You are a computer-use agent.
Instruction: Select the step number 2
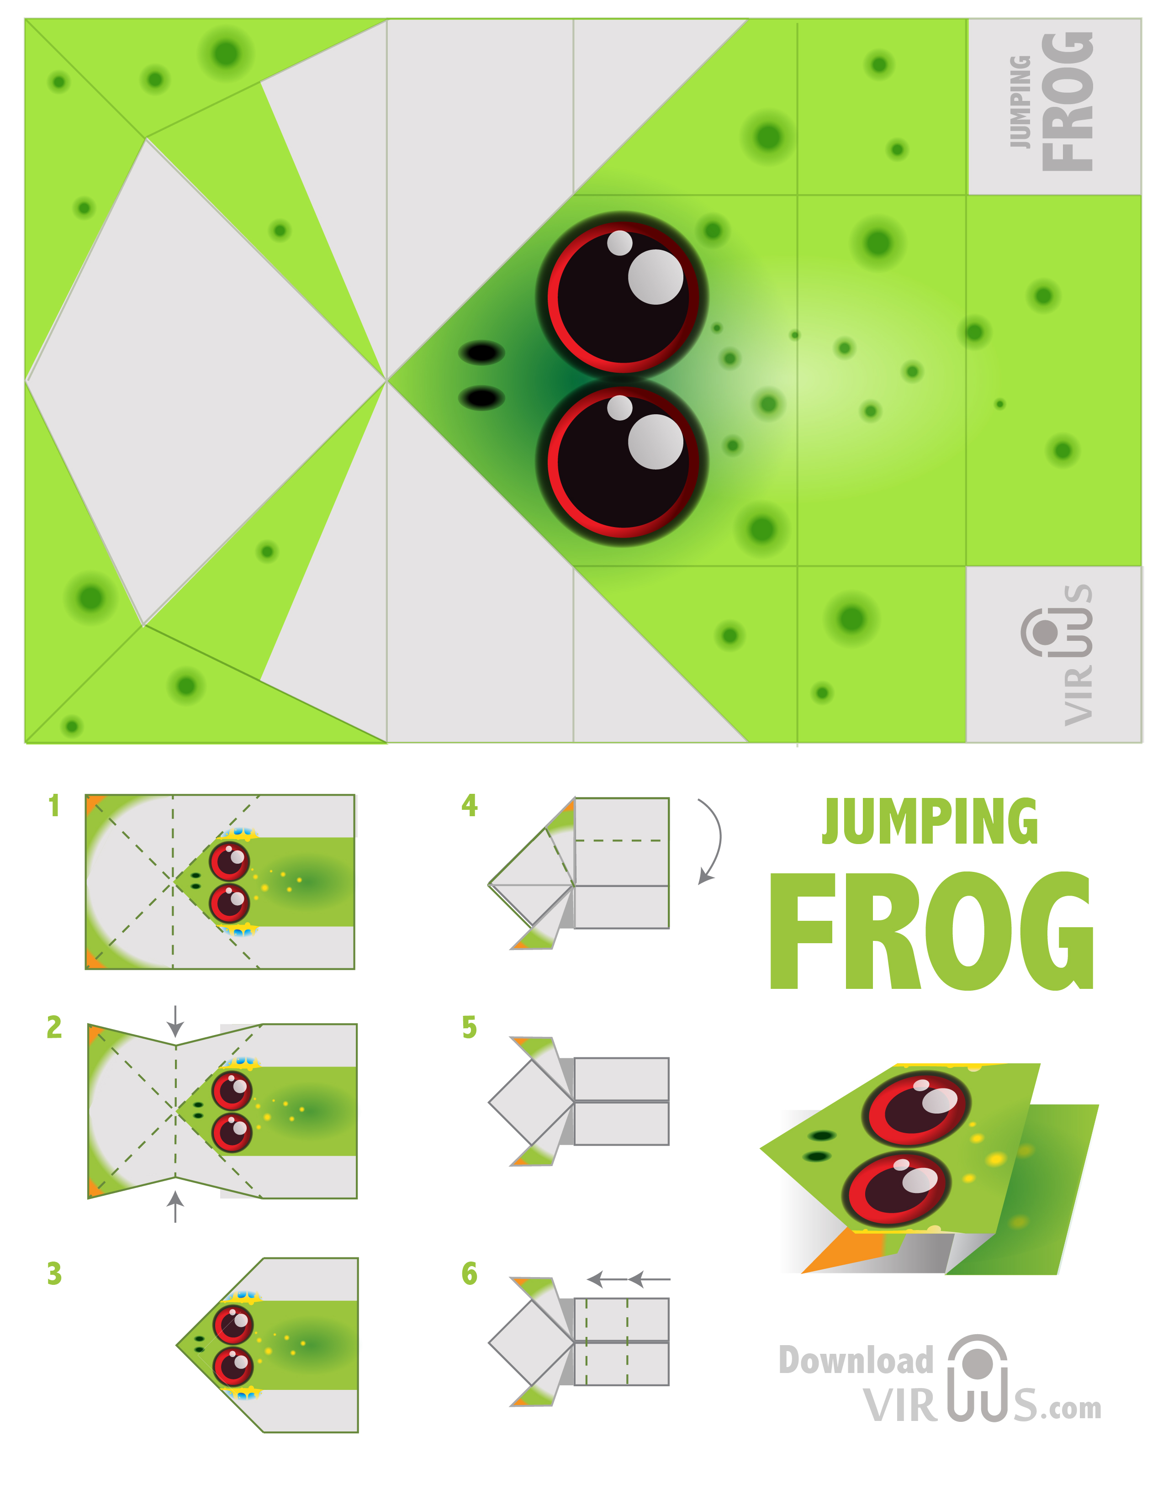coord(54,1027)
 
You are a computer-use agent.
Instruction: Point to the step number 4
coord(469,805)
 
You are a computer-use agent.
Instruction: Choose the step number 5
coord(469,1027)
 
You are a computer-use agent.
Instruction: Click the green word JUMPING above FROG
coord(930,821)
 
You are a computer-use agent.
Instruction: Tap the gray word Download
coord(856,1360)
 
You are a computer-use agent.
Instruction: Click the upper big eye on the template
coord(622,296)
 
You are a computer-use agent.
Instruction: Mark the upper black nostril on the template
coord(481,353)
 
